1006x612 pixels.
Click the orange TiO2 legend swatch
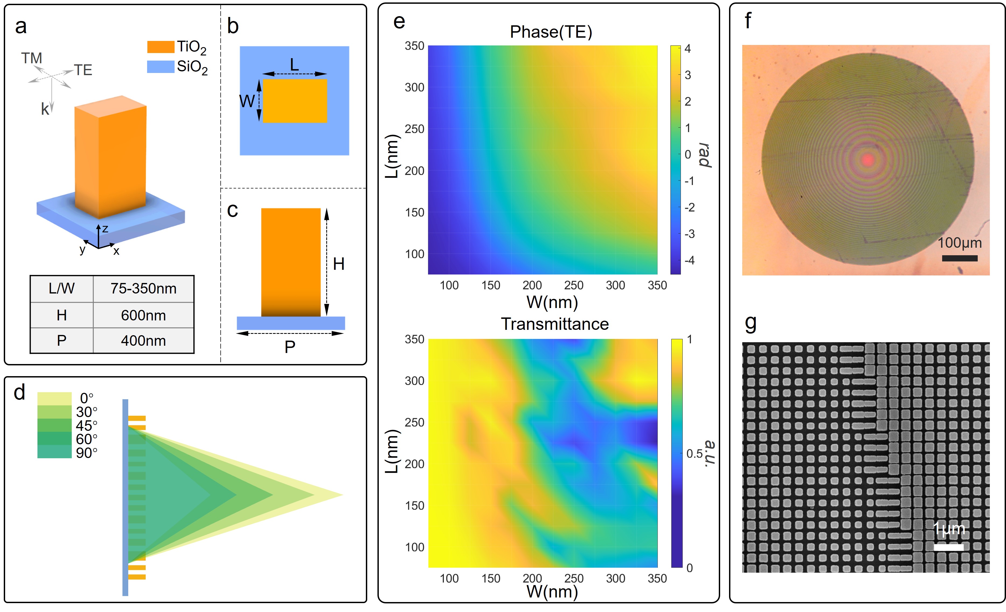click(x=161, y=47)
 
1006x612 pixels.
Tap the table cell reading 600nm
click(x=143, y=315)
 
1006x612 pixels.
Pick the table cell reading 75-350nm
click(x=143, y=288)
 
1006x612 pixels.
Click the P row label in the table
click(x=62, y=341)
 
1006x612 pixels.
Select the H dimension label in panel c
click(x=338, y=264)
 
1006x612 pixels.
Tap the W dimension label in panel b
click(x=247, y=101)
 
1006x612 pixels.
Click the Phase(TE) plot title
click(x=551, y=32)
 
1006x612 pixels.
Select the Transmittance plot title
click(x=555, y=324)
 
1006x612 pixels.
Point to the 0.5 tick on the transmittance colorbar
click(x=694, y=453)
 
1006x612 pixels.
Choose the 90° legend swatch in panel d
click(x=54, y=452)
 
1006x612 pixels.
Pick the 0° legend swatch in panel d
click(x=54, y=398)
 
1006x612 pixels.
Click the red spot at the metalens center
click(x=868, y=159)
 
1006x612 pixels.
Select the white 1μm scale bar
click(x=948, y=547)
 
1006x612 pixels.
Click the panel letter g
click(x=750, y=323)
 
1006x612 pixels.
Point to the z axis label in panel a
click(x=105, y=229)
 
